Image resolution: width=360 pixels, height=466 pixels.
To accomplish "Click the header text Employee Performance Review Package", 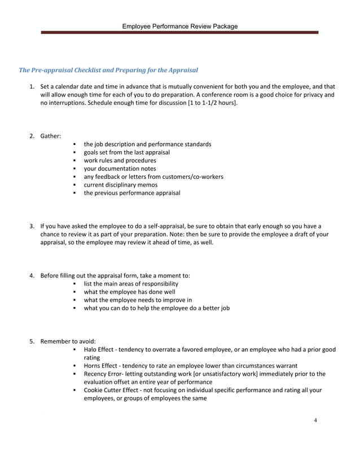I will tap(179, 26).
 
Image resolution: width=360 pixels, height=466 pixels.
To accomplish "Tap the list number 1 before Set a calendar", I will tap(32, 87).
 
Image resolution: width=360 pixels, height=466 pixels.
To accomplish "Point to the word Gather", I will tap(50, 136).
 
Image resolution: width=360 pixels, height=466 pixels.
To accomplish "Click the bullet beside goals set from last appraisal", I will tap(74, 152).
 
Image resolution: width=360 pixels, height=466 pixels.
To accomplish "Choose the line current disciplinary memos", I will tap(121, 185).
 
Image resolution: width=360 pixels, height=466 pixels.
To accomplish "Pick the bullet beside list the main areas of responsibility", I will tap(74, 284).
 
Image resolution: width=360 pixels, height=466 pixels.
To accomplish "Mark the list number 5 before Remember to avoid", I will tap(32, 341).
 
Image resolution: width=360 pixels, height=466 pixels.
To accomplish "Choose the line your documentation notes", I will tap(120, 169).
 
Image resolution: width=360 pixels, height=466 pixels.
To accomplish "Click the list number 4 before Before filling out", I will tap(32, 275).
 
